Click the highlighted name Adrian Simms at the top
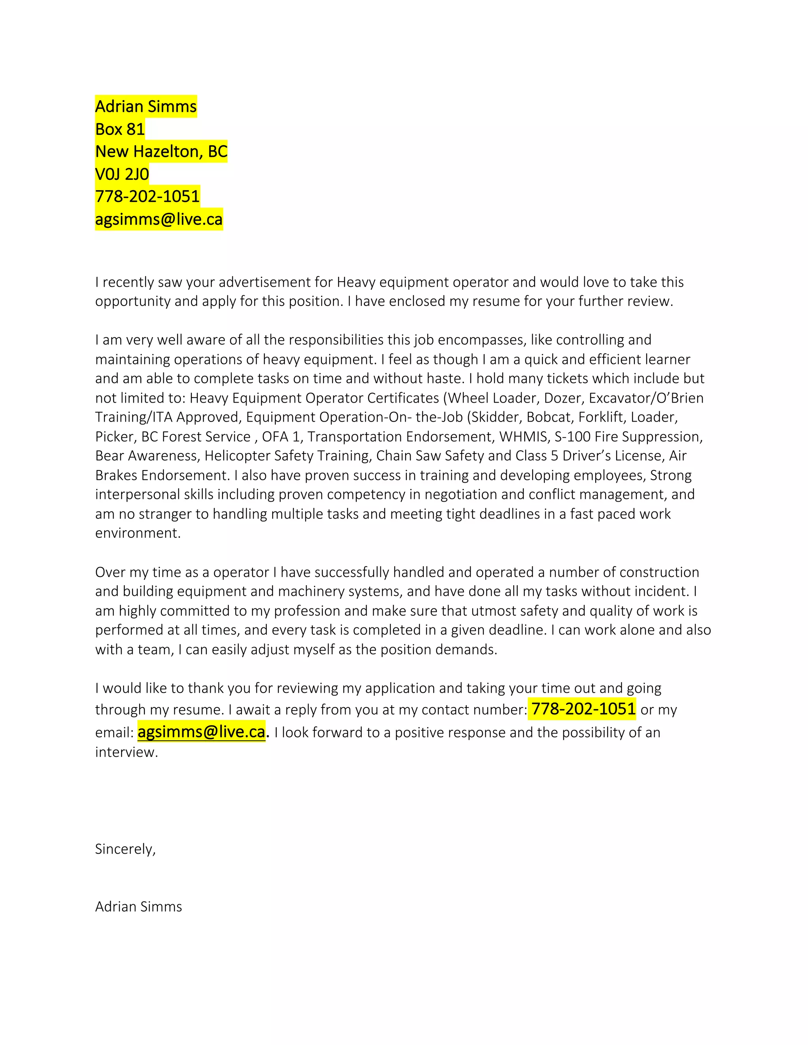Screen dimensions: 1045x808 coord(146,106)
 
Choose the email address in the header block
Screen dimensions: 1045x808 coord(159,219)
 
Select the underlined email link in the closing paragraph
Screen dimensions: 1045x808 coord(201,731)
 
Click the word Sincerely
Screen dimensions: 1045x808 coord(125,849)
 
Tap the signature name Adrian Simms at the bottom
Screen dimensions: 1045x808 coord(138,906)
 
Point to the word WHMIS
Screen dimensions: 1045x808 coord(524,437)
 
